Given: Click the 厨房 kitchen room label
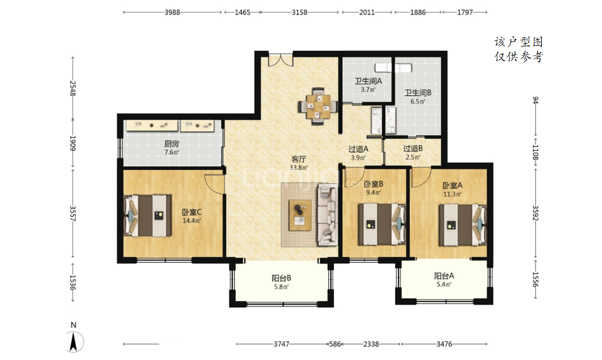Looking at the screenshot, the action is pos(171,144).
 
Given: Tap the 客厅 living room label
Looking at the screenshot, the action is pos(299,159).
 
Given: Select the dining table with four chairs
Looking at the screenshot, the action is pos(318,106).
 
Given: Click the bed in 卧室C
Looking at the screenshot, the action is pos(148,216).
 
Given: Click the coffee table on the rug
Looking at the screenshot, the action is pos(300,215).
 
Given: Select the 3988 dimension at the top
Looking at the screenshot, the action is pos(172,12).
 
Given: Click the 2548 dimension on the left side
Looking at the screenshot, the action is pos(73,88).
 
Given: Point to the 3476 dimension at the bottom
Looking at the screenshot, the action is pos(444,345).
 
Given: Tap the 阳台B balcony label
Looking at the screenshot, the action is pos(281,278).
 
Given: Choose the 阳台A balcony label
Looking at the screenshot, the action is pos(444,276).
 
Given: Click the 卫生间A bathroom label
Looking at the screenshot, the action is pos(368,81).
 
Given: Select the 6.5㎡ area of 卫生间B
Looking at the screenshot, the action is pos(418,102).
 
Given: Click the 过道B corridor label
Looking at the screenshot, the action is pos(413,148).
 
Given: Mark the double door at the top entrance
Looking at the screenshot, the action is pos(281,60).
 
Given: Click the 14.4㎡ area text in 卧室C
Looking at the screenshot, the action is pos(192,221).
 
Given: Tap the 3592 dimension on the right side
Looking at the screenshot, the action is pos(536,213).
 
